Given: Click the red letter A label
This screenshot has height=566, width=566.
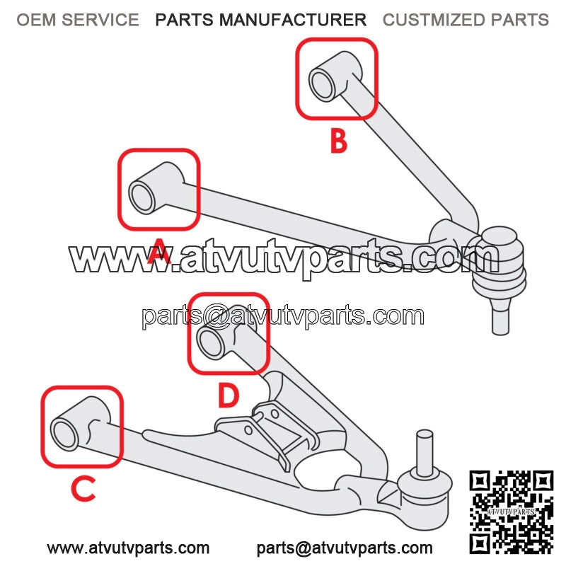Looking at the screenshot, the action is [x=158, y=250].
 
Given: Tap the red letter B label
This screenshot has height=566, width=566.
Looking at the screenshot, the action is [x=339, y=141].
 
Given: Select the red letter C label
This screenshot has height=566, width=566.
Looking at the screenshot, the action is [x=83, y=488].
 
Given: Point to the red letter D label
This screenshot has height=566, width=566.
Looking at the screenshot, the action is [x=229, y=395].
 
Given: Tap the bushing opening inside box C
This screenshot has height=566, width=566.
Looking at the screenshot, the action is [x=65, y=434].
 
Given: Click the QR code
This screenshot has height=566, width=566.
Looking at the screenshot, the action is [x=511, y=512].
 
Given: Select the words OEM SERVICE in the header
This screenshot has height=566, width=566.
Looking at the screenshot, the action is [x=78, y=20].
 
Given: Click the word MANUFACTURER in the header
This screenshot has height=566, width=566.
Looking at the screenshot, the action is [x=293, y=20].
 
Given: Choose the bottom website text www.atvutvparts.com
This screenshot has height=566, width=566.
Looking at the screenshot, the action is [x=128, y=548].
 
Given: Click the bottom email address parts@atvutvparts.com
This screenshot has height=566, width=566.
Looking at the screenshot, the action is [x=345, y=548].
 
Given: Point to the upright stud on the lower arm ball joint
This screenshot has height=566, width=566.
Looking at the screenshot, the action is [x=424, y=453].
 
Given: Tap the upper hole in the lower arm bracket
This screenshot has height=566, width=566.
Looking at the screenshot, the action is [x=275, y=414].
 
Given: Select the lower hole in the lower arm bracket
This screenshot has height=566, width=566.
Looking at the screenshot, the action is [x=248, y=430].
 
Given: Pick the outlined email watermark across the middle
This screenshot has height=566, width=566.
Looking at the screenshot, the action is [x=283, y=316].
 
